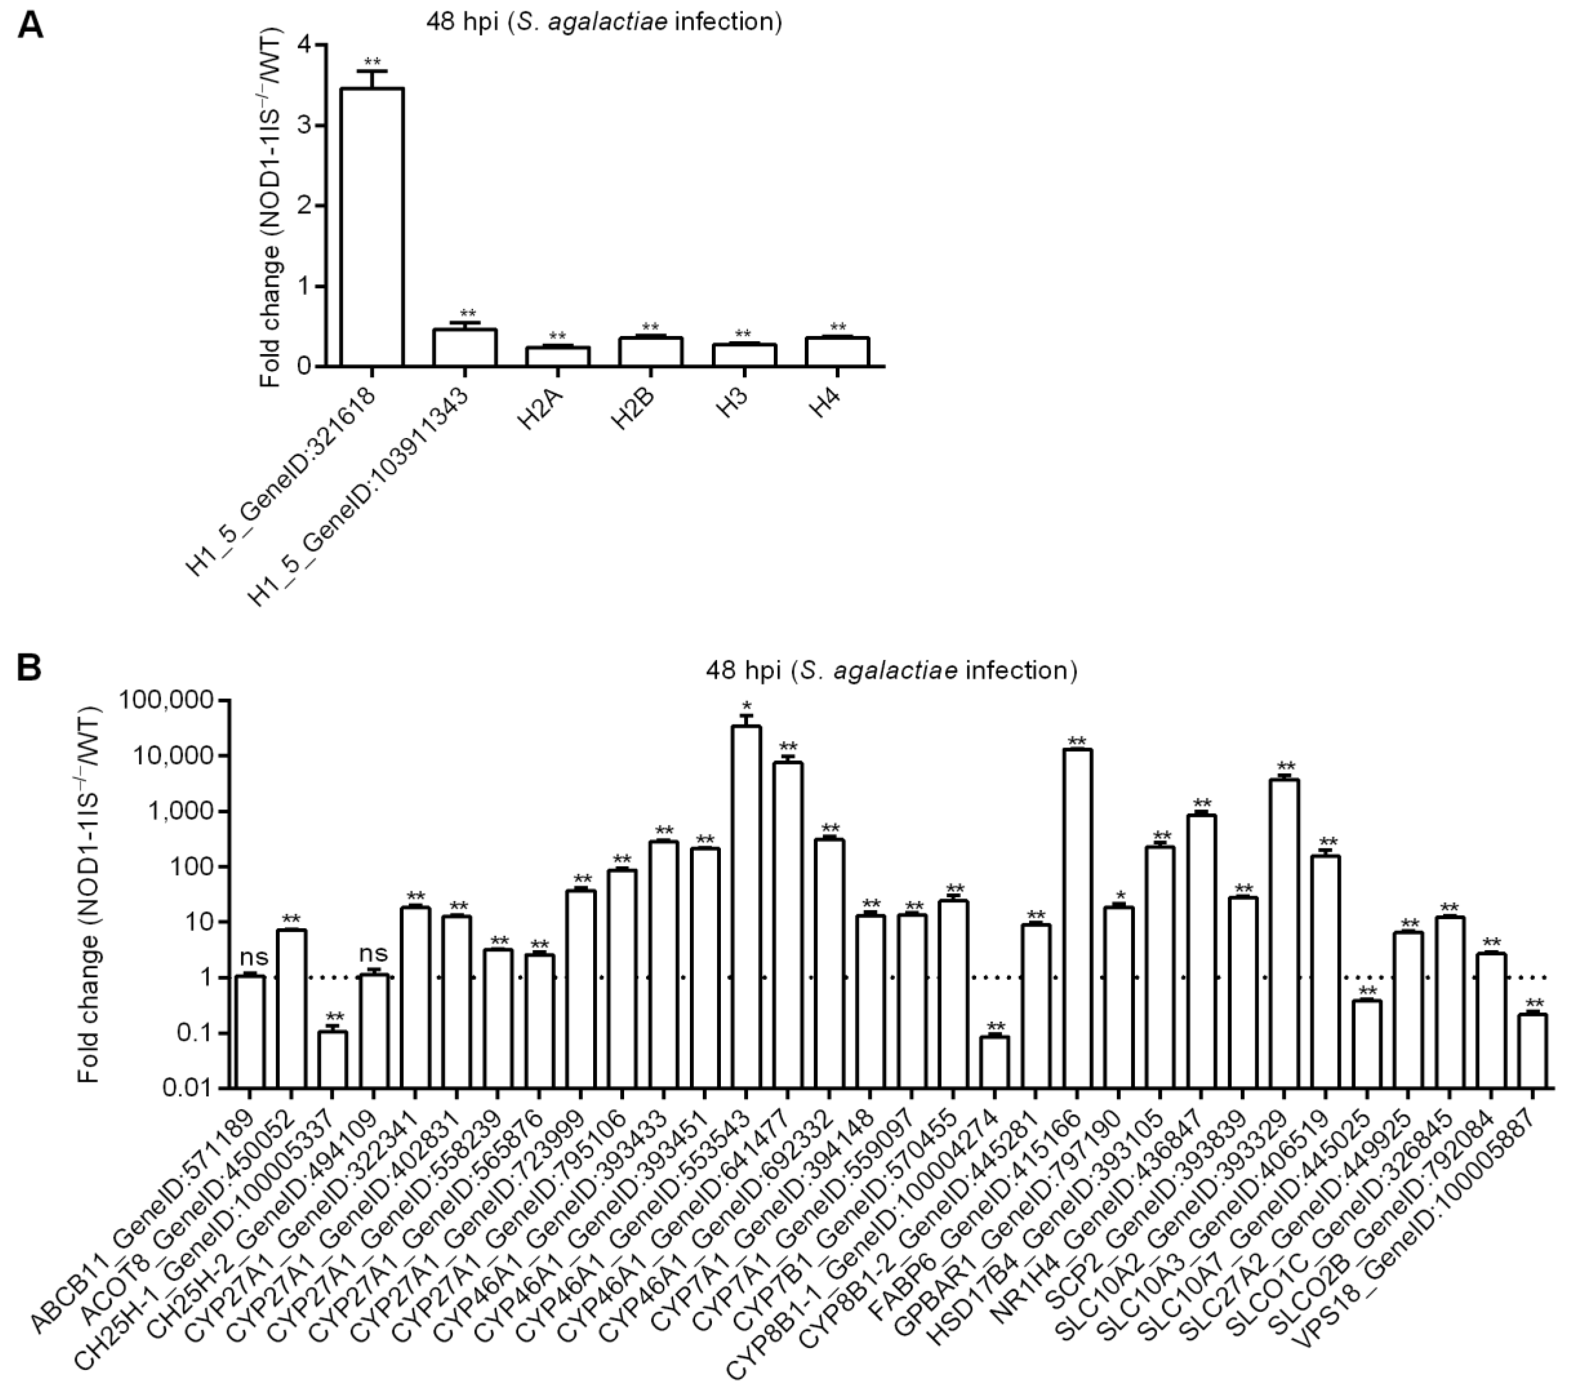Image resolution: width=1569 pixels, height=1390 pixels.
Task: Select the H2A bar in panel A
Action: point(558,357)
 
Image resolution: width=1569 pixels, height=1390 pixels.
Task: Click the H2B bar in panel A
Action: point(651,352)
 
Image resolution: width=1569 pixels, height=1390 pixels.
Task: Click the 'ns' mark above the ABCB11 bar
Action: point(253,956)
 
